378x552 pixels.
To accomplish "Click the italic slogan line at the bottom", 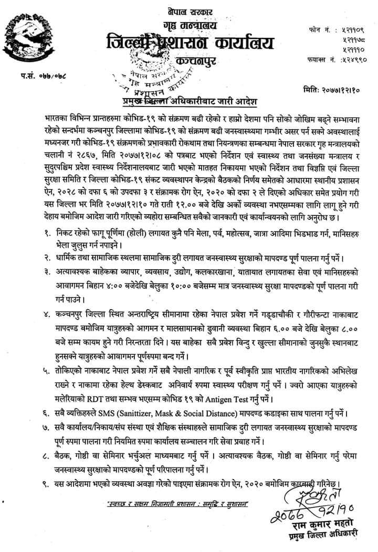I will pos(177,504).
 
